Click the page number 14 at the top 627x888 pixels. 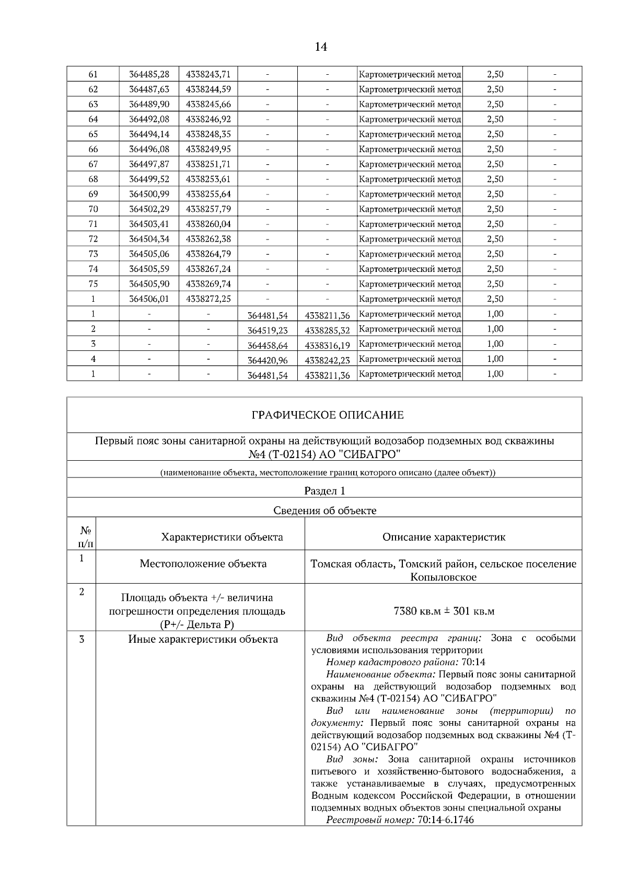tap(321, 47)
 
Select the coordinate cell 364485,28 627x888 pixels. tap(149, 74)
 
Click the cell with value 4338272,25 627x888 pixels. tap(208, 299)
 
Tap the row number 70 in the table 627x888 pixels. tap(93, 209)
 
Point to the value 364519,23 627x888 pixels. tap(268, 330)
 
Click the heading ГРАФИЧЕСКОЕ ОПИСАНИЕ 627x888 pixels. tap(328, 415)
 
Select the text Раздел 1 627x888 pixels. tap(324, 491)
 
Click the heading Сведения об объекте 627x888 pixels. tap(324, 510)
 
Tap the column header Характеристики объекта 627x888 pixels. tap(222, 537)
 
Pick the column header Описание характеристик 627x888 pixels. tap(444, 537)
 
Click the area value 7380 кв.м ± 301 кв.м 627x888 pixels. tap(444, 611)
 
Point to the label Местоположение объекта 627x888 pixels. tap(203, 564)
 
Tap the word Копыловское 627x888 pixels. tap(444, 577)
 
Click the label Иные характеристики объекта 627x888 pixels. tap(203, 639)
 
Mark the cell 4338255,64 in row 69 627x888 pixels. tap(208, 194)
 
